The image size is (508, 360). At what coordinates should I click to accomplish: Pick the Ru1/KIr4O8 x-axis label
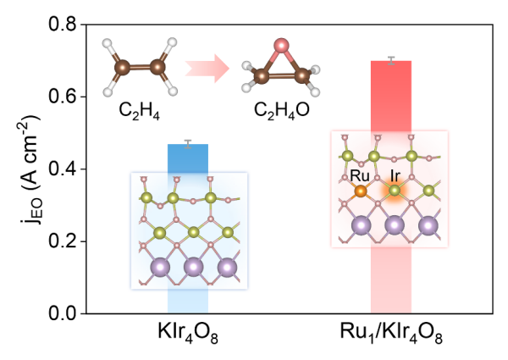tap(390, 335)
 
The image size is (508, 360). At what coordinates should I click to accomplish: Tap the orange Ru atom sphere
tap(360, 192)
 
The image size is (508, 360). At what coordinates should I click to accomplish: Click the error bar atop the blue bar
tap(188, 142)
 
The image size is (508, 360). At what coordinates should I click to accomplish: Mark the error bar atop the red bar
tap(390, 59)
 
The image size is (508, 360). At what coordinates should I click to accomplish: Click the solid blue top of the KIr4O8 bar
tap(188, 158)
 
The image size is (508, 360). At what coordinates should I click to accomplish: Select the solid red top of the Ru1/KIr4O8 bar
tap(390, 85)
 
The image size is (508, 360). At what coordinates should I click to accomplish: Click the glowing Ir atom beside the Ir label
tap(395, 193)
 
